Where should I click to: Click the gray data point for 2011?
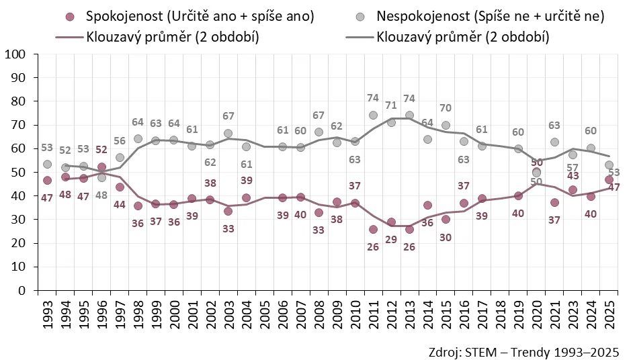point(373,116)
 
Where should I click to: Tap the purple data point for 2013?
point(409,229)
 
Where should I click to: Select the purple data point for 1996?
point(101,167)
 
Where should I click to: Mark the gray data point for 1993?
point(47,165)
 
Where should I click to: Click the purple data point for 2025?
point(609,179)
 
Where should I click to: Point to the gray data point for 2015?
point(446,125)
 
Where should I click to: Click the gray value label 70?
point(446,107)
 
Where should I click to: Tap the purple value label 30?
point(446,237)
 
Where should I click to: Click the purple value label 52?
point(101,150)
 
